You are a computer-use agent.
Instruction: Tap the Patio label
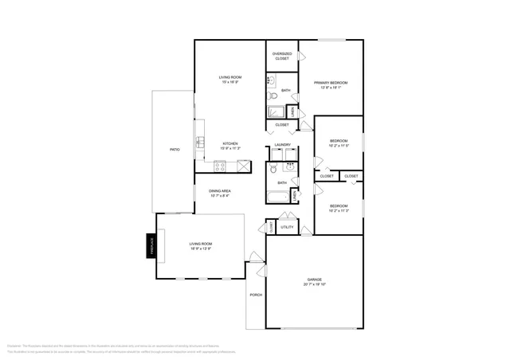click(174, 150)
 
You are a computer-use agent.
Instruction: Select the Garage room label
click(315, 280)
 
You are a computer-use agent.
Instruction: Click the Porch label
click(256, 295)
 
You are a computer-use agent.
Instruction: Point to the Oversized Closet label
click(282, 56)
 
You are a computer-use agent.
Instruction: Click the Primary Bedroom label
click(330, 83)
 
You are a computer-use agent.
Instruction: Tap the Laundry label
click(282, 145)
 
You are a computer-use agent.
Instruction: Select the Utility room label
click(287, 227)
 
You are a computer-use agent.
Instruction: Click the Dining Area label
click(219, 190)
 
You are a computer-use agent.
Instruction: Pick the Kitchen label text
click(229, 143)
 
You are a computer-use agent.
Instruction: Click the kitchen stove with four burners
click(221, 166)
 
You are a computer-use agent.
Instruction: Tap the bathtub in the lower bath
click(278, 197)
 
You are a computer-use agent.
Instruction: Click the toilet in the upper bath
click(271, 80)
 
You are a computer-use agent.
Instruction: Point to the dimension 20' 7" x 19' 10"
click(315, 284)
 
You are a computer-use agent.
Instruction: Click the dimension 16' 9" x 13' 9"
click(201, 248)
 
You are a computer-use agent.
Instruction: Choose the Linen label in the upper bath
click(295, 113)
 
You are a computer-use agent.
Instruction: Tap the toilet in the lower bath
click(273, 168)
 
